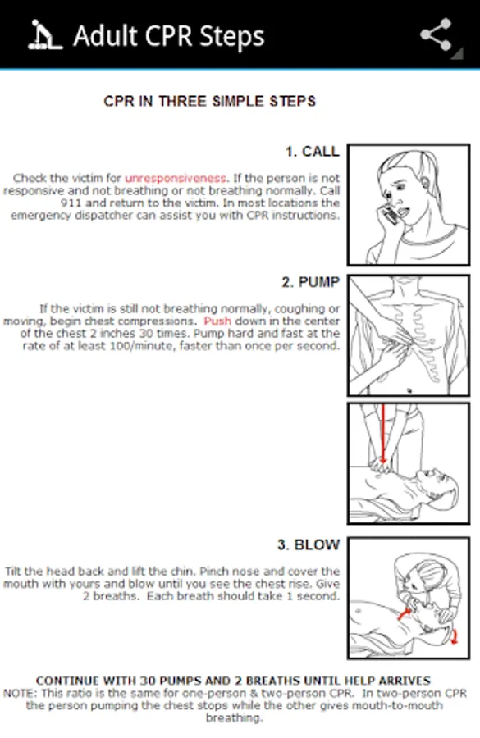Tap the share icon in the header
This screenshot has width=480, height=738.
click(x=437, y=34)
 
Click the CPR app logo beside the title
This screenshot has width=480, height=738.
click(x=45, y=34)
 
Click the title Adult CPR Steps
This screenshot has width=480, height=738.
click(x=169, y=36)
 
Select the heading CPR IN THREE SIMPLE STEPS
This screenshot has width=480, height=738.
click(x=209, y=101)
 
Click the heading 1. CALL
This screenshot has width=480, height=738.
click(x=313, y=152)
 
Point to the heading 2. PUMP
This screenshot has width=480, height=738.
click(x=310, y=282)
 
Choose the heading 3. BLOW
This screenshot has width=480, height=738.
click(x=309, y=545)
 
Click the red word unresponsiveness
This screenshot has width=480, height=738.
click(x=176, y=179)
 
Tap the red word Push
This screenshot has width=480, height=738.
click(x=217, y=321)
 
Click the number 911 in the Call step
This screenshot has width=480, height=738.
click(x=71, y=203)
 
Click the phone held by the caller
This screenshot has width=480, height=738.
click(x=390, y=215)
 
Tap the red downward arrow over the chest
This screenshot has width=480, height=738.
click(x=383, y=433)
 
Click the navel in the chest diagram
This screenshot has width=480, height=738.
click(x=409, y=390)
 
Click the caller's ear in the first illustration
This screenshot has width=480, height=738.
click(x=425, y=180)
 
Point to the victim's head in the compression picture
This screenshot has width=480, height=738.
click(x=438, y=490)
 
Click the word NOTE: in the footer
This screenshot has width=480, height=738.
click(x=21, y=693)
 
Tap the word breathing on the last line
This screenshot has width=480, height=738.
click(x=234, y=718)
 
